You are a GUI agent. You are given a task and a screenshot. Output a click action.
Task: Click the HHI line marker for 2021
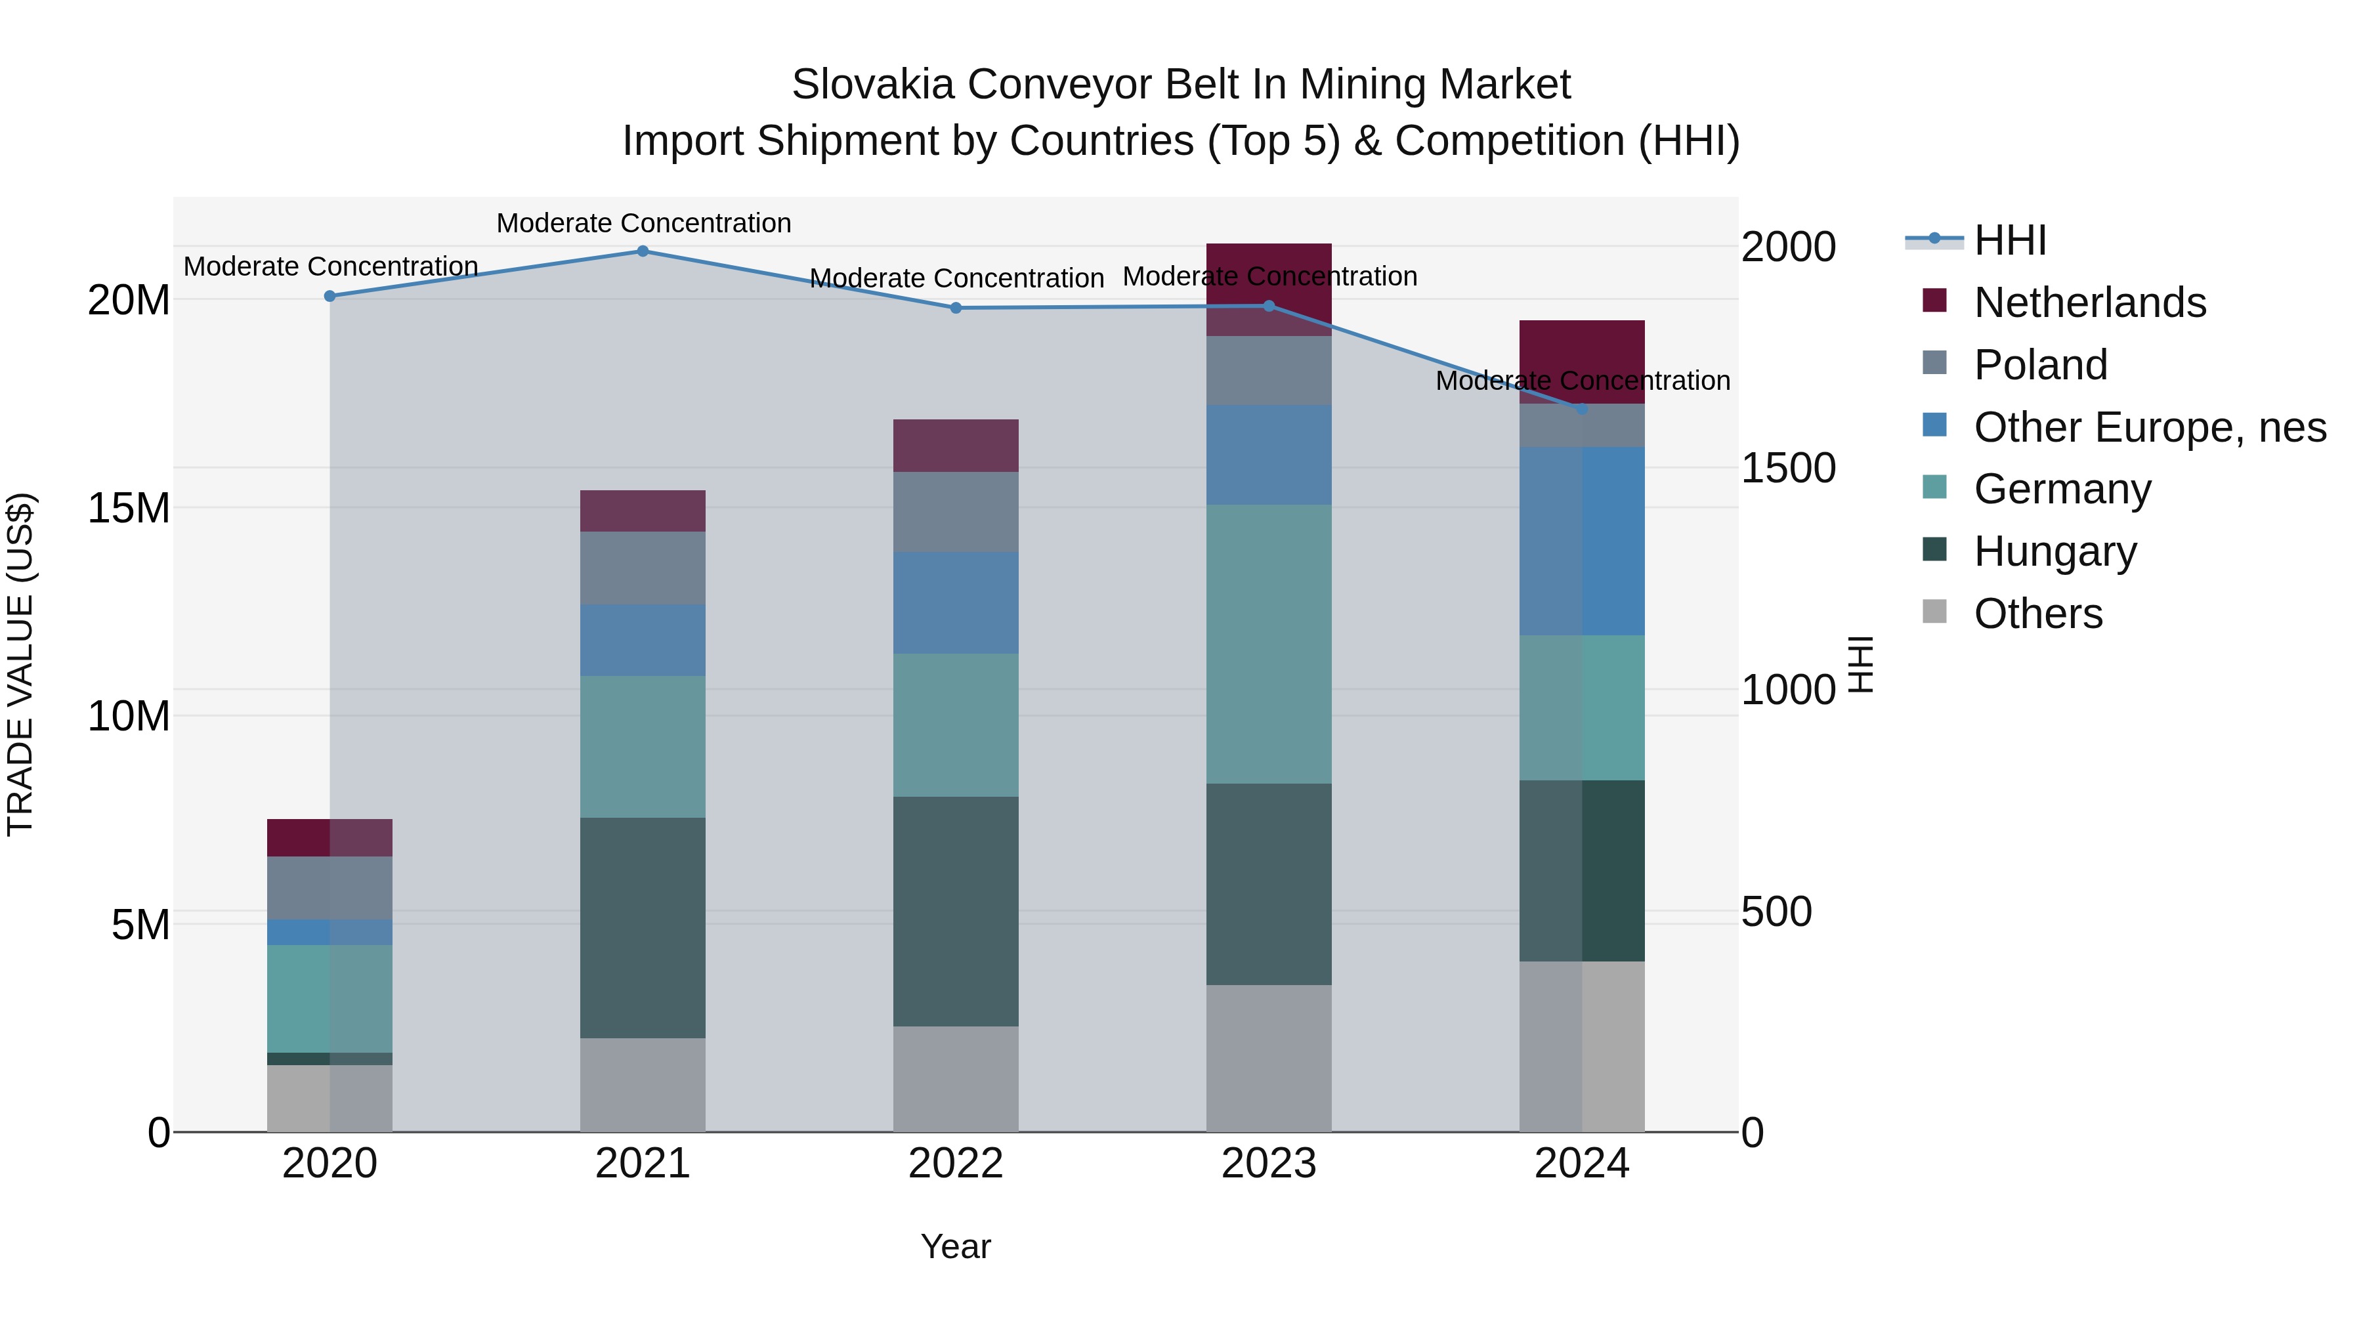pyautogui.click(x=643, y=251)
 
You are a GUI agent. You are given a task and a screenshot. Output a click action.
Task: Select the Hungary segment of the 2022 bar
pyautogui.click(x=956, y=911)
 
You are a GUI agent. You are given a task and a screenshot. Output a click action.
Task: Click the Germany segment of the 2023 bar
pyautogui.click(x=1269, y=644)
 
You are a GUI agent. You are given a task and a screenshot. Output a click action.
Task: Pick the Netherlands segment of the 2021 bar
pyautogui.click(x=643, y=511)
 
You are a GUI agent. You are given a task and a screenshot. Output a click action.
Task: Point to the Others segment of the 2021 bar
pyautogui.click(x=643, y=1084)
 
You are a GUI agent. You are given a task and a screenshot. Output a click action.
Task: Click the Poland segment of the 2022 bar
pyautogui.click(x=956, y=512)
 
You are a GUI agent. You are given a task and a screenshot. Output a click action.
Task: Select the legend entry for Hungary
pyautogui.click(x=2054, y=551)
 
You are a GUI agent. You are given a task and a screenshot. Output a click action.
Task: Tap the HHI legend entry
pyautogui.click(x=2009, y=240)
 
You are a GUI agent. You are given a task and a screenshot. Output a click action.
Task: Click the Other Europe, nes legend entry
pyautogui.click(x=2149, y=427)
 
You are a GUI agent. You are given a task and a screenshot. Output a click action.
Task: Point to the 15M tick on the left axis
pyautogui.click(x=129, y=508)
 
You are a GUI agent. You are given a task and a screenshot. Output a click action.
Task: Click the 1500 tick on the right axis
pyautogui.click(x=1788, y=469)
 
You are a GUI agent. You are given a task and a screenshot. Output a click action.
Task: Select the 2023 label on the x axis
pyautogui.click(x=1269, y=1164)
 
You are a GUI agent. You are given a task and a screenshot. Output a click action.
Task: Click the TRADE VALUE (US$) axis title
pyautogui.click(x=20, y=664)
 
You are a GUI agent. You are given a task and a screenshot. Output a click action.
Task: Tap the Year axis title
pyautogui.click(x=956, y=1246)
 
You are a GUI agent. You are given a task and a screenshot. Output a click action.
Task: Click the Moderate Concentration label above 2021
pyautogui.click(x=643, y=223)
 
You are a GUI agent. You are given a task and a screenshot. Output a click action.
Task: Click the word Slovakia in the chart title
pyautogui.click(x=873, y=85)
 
